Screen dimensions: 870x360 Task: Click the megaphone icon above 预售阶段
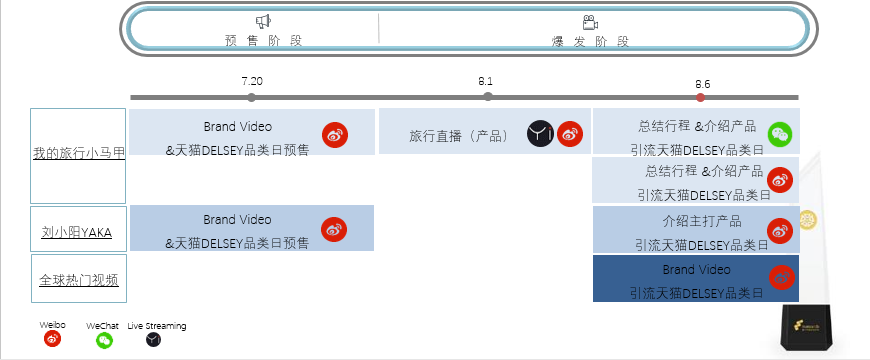tap(263, 21)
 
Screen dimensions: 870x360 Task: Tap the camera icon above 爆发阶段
tap(590, 22)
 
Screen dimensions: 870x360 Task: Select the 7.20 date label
tap(252, 80)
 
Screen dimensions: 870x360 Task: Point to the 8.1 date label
tap(487, 80)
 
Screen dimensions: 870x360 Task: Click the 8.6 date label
tap(702, 83)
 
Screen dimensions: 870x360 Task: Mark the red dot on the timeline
tap(701, 97)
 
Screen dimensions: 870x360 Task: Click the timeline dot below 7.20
tap(251, 97)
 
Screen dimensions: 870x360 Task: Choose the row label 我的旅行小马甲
tap(79, 153)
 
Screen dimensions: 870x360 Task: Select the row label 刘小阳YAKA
tap(77, 233)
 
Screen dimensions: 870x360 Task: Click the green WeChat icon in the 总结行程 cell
tap(780, 134)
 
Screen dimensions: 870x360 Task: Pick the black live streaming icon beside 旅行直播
tap(540, 133)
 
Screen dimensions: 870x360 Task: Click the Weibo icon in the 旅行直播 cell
tap(570, 133)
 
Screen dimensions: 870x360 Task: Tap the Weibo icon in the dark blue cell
tap(782, 279)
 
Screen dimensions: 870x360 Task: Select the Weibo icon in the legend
tap(53, 339)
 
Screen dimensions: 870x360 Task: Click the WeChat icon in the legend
tap(104, 340)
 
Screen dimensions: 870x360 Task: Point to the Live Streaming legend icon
tap(153, 340)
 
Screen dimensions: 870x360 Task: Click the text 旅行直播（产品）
tap(456, 135)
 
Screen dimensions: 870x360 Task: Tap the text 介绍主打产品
tap(702, 221)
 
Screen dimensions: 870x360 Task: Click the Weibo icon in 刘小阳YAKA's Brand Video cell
tap(334, 230)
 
